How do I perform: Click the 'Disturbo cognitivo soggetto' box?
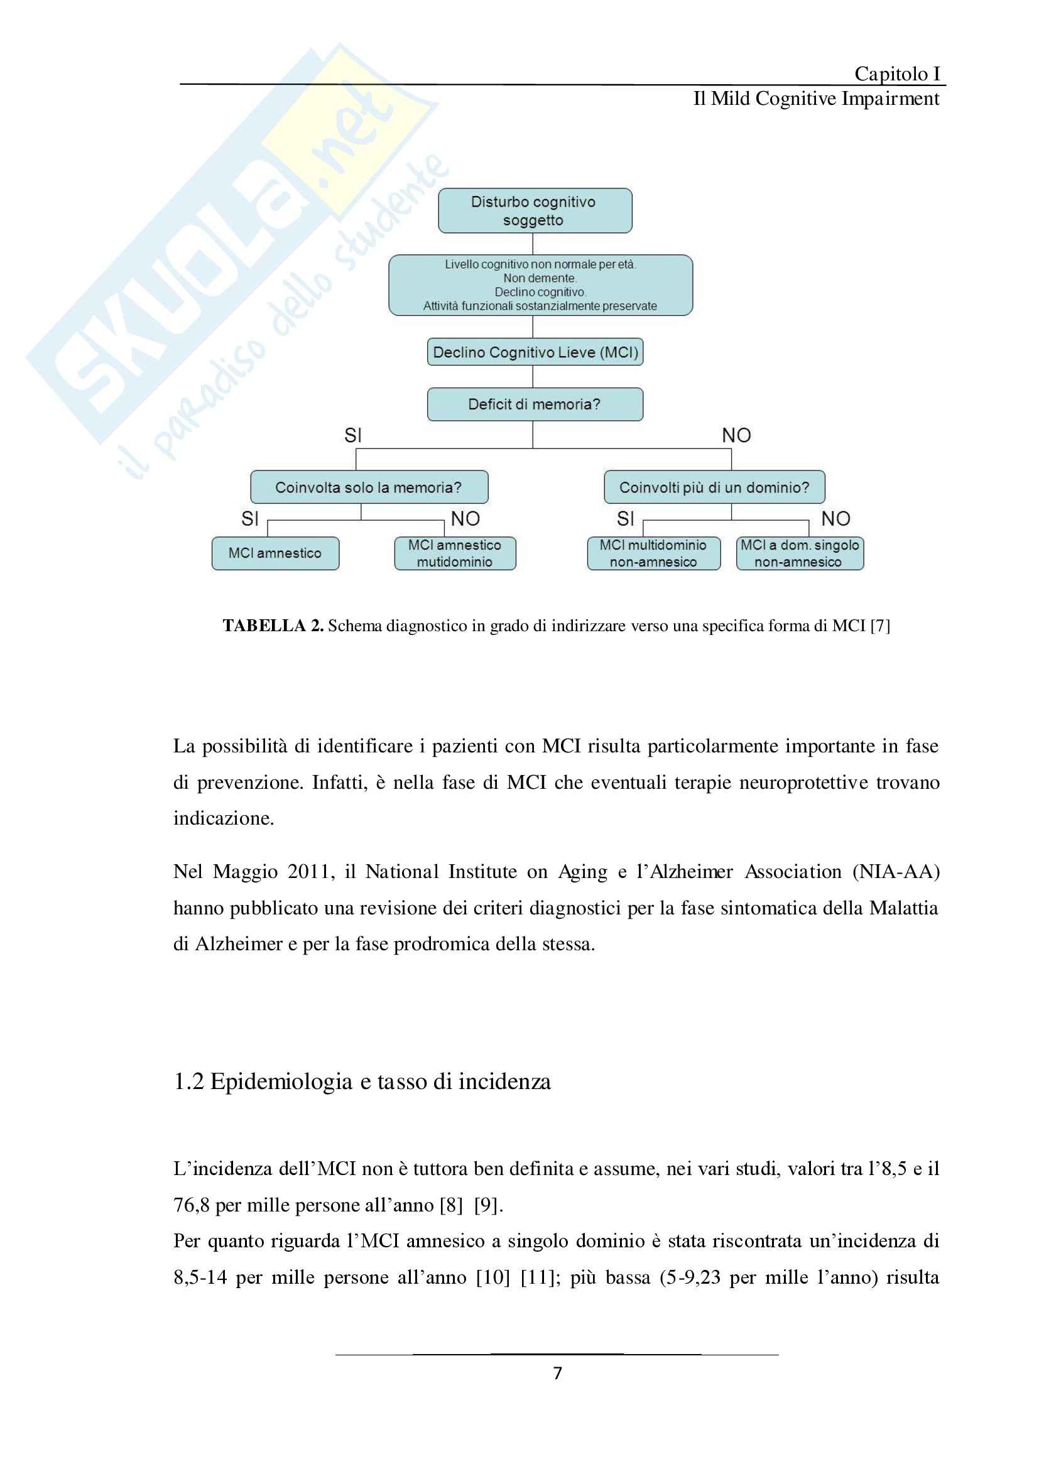(x=535, y=210)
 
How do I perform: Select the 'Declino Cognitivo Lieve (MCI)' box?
(x=535, y=352)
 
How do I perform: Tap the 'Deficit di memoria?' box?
(x=535, y=404)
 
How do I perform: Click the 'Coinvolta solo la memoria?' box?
(x=369, y=487)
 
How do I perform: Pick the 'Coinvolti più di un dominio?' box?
(x=714, y=487)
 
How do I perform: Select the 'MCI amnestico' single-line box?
(x=275, y=553)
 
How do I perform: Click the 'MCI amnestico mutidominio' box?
(x=455, y=553)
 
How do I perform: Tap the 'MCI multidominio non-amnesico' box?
(x=653, y=553)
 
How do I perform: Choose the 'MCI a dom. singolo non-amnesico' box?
(x=800, y=553)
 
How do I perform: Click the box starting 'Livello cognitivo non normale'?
(x=540, y=285)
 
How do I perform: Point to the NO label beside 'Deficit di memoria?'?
(x=736, y=436)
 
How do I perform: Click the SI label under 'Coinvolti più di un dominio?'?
(x=625, y=518)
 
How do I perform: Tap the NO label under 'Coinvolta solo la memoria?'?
(x=465, y=518)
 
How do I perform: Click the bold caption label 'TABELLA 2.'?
(x=273, y=626)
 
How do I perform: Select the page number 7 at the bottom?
(x=557, y=1373)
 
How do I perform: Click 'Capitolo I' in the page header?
(x=897, y=74)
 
